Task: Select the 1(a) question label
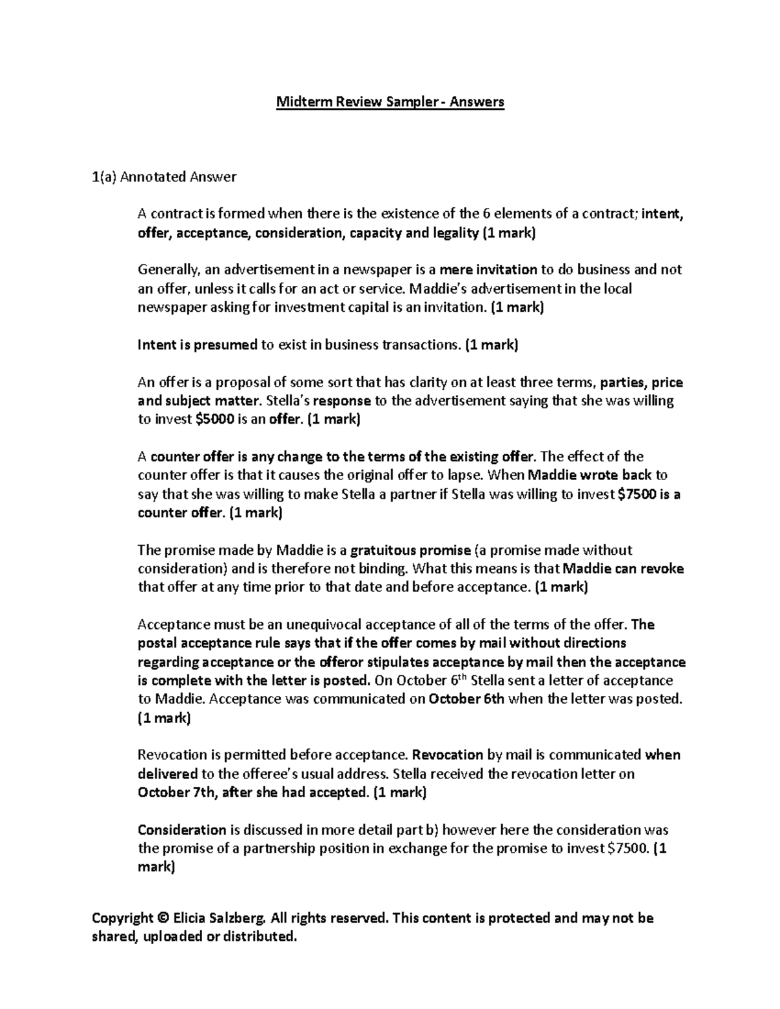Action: point(103,176)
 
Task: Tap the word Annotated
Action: point(151,176)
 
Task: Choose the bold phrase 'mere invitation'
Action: point(488,270)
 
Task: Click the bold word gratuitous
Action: point(383,550)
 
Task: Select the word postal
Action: point(157,643)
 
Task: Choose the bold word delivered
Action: point(168,774)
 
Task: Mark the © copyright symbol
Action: point(162,918)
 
